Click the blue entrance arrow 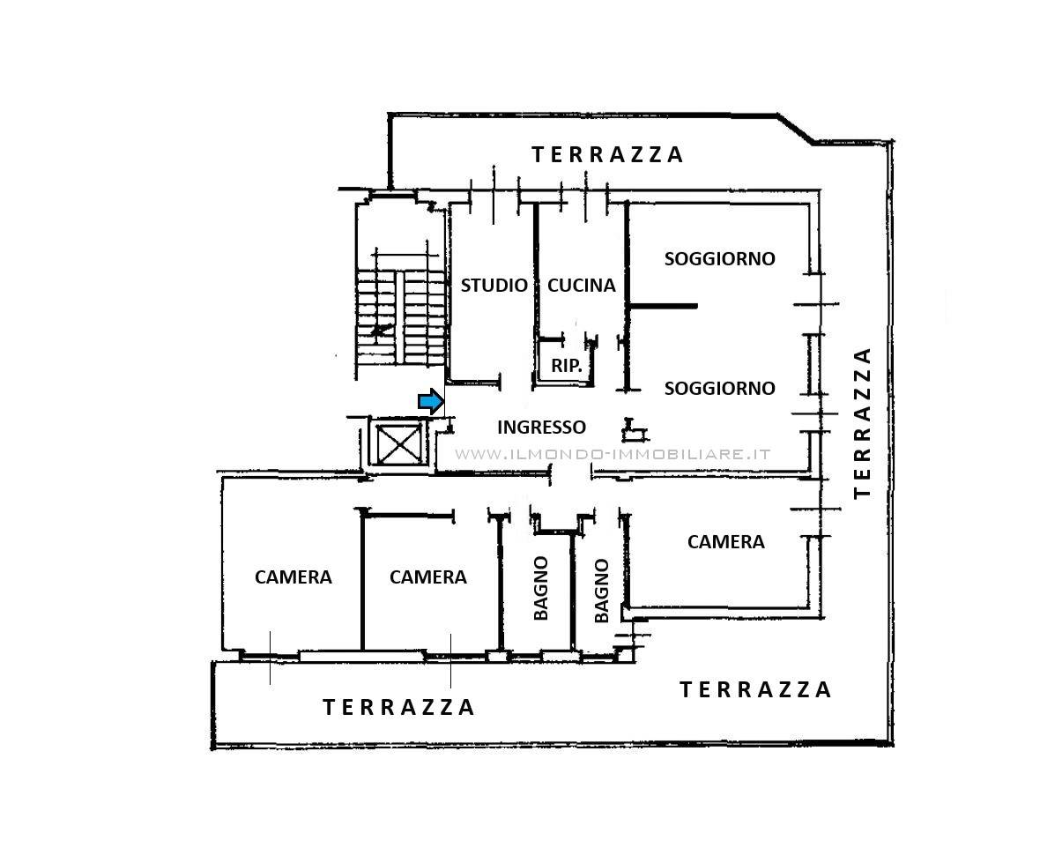pyautogui.click(x=430, y=401)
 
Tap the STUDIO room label pyautogui.click(x=494, y=286)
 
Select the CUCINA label pyautogui.click(x=581, y=286)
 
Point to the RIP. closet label pyautogui.click(x=567, y=365)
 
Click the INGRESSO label pyautogui.click(x=541, y=428)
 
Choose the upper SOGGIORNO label pyautogui.click(x=720, y=258)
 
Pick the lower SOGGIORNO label pyautogui.click(x=720, y=388)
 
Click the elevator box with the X pyautogui.click(x=398, y=443)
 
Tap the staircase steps pyautogui.click(x=400, y=316)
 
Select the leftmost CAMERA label pyautogui.click(x=293, y=577)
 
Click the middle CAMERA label pyautogui.click(x=427, y=577)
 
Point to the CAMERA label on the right pyautogui.click(x=725, y=542)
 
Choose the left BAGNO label pyautogui.click(x=541, y=588)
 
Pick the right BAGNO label pyautogui.click(x=602, y=591)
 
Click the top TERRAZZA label pyautogui.click(x=607, y=154)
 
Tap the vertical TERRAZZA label pyautogui.click(x=862, y=423)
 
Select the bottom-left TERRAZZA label pyautogui.click(x=398, y=707)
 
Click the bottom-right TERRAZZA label pyautogui.click(x=755, y=690)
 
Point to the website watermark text pyautogui.click(x=613, y=454)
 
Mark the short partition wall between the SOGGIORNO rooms pyautogui.click(x=663, y=306)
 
